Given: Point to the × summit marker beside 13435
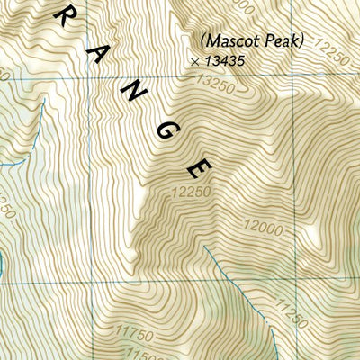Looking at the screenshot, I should tap(195, 61).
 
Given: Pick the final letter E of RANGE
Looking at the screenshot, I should tap(201, 168).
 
